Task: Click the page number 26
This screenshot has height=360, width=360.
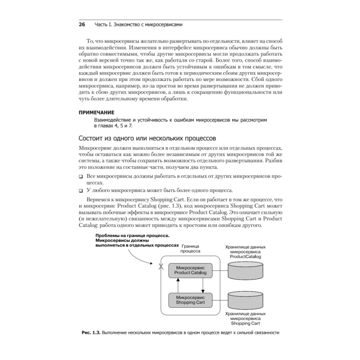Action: [x=82, y=25]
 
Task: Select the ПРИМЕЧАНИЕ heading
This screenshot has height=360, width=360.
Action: [x=96, y=112]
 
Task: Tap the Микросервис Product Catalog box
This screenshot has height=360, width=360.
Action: [x=190, y=270]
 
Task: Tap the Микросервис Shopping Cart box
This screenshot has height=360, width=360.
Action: [x=190, y=300]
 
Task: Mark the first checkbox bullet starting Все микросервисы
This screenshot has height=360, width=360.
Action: [x=81, y=177]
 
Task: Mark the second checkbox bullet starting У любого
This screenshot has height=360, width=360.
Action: [x=81, y=190]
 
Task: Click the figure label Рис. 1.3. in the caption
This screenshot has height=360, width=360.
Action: [x=91, y=333]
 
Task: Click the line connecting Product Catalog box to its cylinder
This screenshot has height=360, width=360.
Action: [x=220, y=270]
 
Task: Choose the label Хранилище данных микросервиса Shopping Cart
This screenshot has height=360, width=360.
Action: [x=245, y=318]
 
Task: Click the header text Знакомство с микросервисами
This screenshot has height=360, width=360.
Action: [x=138, y=25]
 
